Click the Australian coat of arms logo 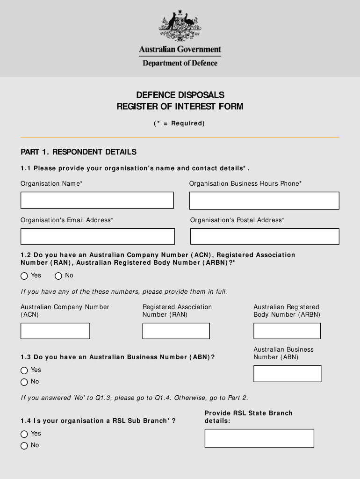pyautogui.click(x=180, y=26)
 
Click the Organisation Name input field pyautogui.click(x=97, y=200)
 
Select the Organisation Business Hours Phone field pyautogui.click(x=264, y=201)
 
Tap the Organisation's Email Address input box pyautogui.click(x=97, y=236)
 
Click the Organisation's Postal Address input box pyautogui.click(x=264, y=236)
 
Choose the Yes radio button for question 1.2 pyautogui.click(x=24, y=276)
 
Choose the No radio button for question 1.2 pyautogui.click(x=58, y=276)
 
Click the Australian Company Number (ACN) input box pyautogui.click(x=55, y=331)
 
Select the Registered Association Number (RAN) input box pyautogui.click(x=176, y=331)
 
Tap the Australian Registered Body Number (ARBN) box pyautogui.click(x=287, y=331)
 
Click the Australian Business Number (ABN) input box pyautogui.click(x=287, y=374)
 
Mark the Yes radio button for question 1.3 pyautogui.click(x=24, y=370)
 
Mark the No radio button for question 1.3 pyautogui.click(x=24, y=382)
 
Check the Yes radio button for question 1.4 pyautogui.click(x=24, y=434)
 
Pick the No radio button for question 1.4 pyautogui.click(x=24, y=446)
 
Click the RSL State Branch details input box pyautogui.click(x=259, y=438)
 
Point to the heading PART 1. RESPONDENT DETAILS pyautogui.click(x=79, y=152)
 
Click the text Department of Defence pyautogui.click(x=180, y=63)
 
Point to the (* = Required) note pyautogui.click(x=180, y=123)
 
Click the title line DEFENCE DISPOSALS pyautogui.click(x=180, y=95)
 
